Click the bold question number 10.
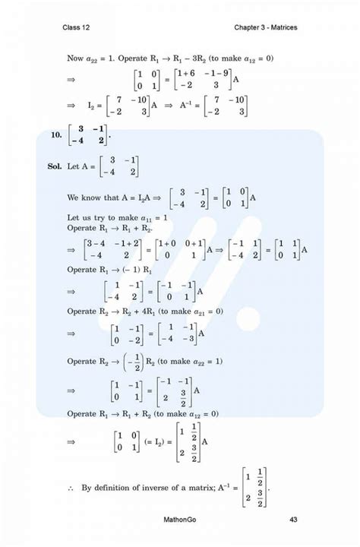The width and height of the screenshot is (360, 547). pyautogui.click(x=57, y=135)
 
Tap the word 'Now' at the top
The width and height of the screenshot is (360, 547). pyautogui.click(x=75, y=57)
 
